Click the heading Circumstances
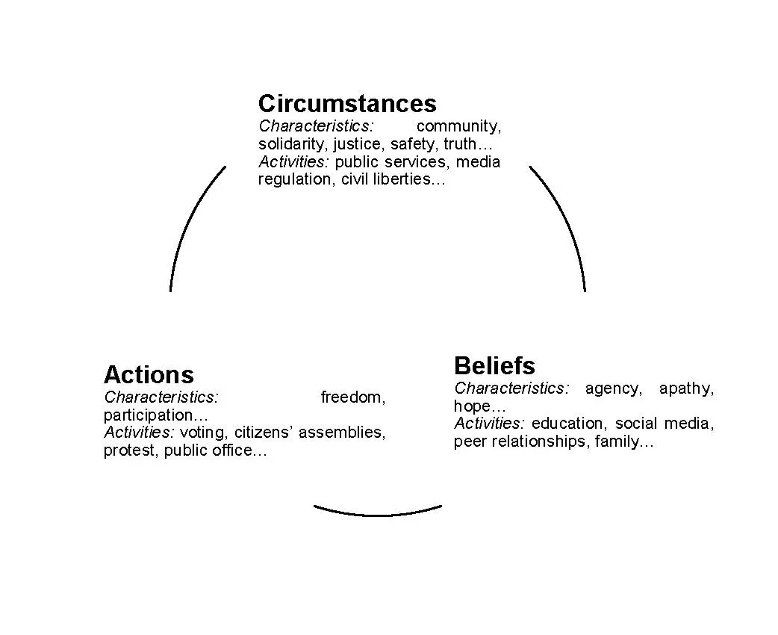tap(347, 103)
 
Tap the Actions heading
tap(149, 374)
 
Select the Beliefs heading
tap(494, 365)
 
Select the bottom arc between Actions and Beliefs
tap(377, 512)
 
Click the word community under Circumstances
tap(458, 126)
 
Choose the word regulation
tap(294, 179)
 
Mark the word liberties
tap(404, 179)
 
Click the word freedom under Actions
tap(352, 397)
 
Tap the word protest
tap(129, 450)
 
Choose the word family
tap(619, 442)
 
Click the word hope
tap(473, 406)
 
